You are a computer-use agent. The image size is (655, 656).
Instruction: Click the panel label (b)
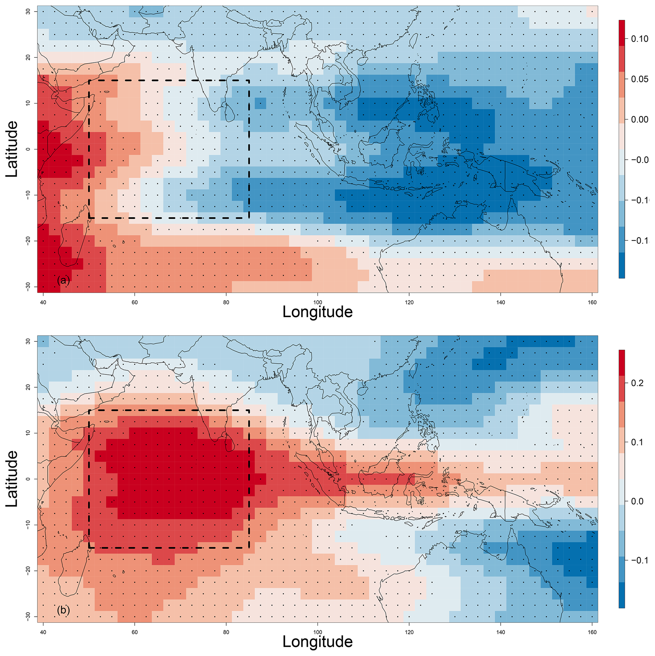click(x=63, y=610)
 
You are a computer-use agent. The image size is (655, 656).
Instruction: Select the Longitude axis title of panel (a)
click(x=317, y=312)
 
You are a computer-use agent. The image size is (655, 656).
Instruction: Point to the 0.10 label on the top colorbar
click(x=639, y=39)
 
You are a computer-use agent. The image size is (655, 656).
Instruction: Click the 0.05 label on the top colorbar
click(x=639, y=80)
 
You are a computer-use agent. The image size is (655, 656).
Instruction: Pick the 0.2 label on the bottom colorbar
click(x=637, y=383)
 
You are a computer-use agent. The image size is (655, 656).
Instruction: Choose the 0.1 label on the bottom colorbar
click(x=637, y=442)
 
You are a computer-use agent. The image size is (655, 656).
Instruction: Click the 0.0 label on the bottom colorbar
click(x=637, y=501)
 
